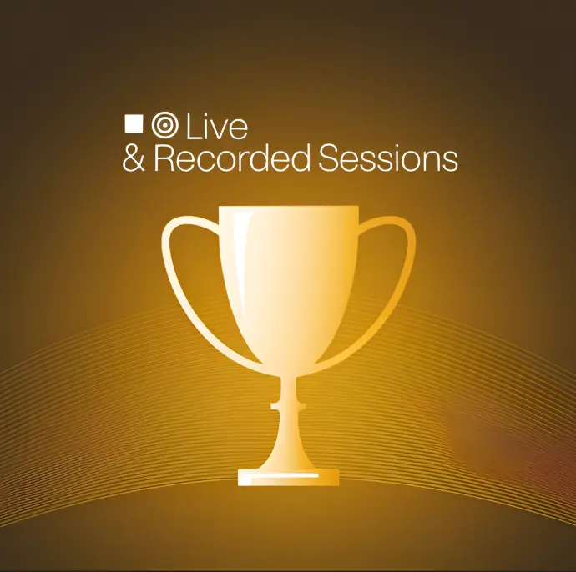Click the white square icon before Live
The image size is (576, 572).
(x=134, y=123)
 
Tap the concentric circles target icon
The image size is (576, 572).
(x=165, y=125)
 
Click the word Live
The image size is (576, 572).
(x=217, y=127)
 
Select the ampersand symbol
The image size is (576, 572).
(x=134, y=158)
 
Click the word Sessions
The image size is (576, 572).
(x=388, y=158)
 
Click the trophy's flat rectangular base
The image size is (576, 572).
(x=288, y=477)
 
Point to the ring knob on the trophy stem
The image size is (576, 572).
(x=288, y=406)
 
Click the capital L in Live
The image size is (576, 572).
(x=193, y=128)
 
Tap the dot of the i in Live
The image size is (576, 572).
(x=209, y=118)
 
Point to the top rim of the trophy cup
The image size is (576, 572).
(x=289, y=208)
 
